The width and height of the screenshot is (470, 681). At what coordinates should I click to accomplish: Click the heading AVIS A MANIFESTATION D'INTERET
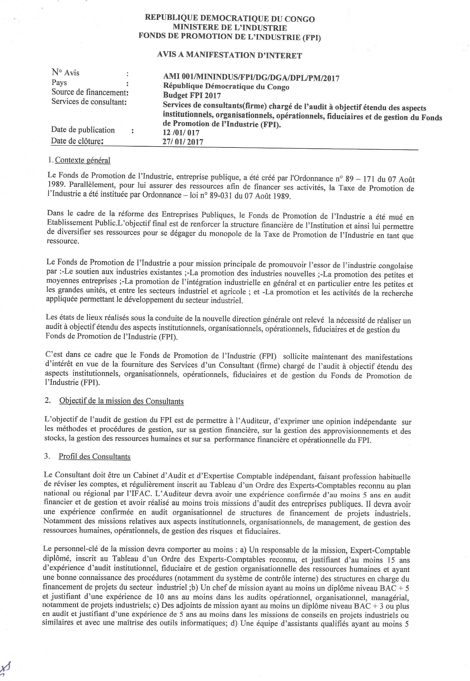click(229, 55)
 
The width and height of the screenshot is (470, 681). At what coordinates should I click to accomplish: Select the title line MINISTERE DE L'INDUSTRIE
click(230, 28)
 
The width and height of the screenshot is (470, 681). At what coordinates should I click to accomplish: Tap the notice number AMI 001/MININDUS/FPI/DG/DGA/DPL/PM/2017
click(251, 78)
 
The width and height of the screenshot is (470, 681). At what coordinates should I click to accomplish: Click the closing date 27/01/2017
click(183, 142)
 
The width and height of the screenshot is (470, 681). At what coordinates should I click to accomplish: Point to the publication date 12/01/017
click(181, 133)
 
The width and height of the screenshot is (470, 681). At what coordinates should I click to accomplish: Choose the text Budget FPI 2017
click(192, 95)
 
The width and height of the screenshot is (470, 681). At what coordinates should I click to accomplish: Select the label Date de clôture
click(77, 141)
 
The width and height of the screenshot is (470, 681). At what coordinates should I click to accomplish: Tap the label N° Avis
click(65, 73)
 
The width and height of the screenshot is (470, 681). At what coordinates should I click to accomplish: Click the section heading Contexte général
click(83, 160)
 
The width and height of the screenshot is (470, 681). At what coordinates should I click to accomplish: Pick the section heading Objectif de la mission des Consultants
click(121, 401)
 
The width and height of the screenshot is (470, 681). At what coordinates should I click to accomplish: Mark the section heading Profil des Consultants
click(94, 456)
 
